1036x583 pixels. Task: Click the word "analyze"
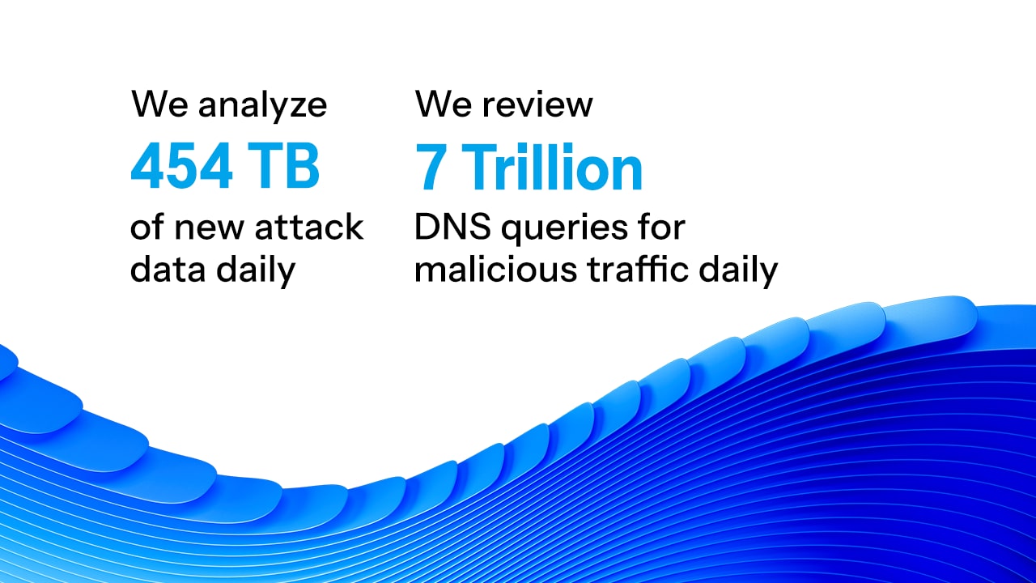(x=262, y=107)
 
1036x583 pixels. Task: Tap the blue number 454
(x=181, y=166)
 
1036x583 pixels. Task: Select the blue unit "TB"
(x=282, y=166)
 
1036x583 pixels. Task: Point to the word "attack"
(x=308, y=227)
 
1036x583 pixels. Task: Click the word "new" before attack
(x=208, y=230)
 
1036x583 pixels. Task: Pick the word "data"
(x=168, y=270)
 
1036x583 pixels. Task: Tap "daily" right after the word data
(x=256, y=270)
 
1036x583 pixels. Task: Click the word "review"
(x=537, y=104)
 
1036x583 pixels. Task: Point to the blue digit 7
(x=430, y=167)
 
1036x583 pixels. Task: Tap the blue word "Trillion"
(x=555, y=167)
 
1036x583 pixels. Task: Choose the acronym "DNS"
(x=452, y=227)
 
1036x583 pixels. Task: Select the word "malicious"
(x=496, y=270)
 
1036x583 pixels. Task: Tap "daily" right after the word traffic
(x=738, y=270)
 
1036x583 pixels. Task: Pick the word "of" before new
(x=147, y=226)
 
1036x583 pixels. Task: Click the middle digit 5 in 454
(x=181, y=166)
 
